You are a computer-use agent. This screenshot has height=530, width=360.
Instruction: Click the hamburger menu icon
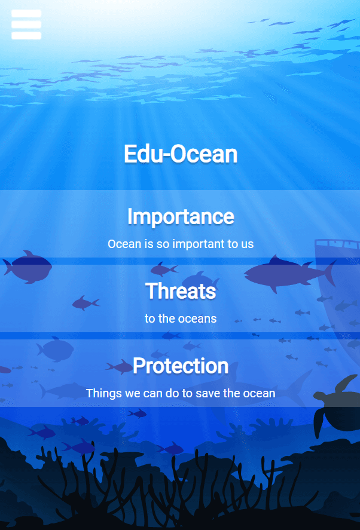pos(26,24)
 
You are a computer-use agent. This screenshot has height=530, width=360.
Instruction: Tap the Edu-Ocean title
pos(181,154)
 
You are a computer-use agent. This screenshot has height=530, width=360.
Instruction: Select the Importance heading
pos(181,216)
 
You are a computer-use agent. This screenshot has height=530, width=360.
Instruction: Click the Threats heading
pos(181,291)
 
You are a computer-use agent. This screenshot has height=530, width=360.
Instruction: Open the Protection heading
pos(181,365)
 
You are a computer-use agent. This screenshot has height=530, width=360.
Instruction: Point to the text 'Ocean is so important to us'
pos(181,244)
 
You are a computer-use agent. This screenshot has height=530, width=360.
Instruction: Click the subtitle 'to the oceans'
pos(181,318)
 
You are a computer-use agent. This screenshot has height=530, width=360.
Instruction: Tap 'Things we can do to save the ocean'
pos(181,393)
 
